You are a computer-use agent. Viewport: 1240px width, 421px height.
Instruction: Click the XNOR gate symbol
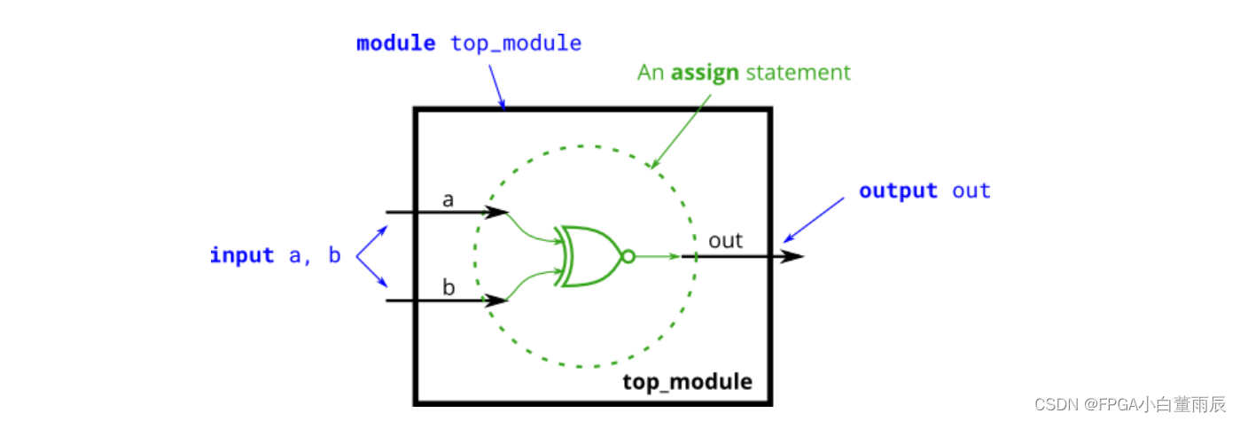point(589,257)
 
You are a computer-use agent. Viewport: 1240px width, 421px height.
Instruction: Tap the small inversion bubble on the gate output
point(628,257)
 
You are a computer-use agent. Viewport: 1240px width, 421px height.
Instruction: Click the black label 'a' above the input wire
point(448,199)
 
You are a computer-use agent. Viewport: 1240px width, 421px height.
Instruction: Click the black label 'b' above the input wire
point(448,287)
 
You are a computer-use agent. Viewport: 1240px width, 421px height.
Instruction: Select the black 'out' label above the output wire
point(725,240)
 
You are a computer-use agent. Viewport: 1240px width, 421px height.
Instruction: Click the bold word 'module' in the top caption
point(395,43)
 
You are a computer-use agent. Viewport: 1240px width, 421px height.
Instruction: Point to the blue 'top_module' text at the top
point(516,43)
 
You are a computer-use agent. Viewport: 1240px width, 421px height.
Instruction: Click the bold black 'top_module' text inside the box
point(687,382)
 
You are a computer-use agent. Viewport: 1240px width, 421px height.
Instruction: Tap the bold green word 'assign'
point(705,73)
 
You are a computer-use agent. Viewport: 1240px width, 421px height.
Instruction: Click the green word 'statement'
point(798,73)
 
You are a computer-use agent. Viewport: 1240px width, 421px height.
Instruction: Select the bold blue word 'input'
point(242,256)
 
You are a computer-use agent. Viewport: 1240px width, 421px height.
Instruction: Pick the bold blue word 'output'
point(898,191)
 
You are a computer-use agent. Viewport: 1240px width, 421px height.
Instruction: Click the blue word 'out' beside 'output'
point(971,191)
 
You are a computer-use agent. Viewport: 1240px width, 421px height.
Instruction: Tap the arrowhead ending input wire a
point(497,213)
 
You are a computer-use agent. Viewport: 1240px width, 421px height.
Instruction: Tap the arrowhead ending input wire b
point(497,300)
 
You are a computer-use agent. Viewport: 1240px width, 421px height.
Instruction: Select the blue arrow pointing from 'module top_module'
point(496,88)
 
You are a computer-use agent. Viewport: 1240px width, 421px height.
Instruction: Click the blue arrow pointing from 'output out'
point(814,220)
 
